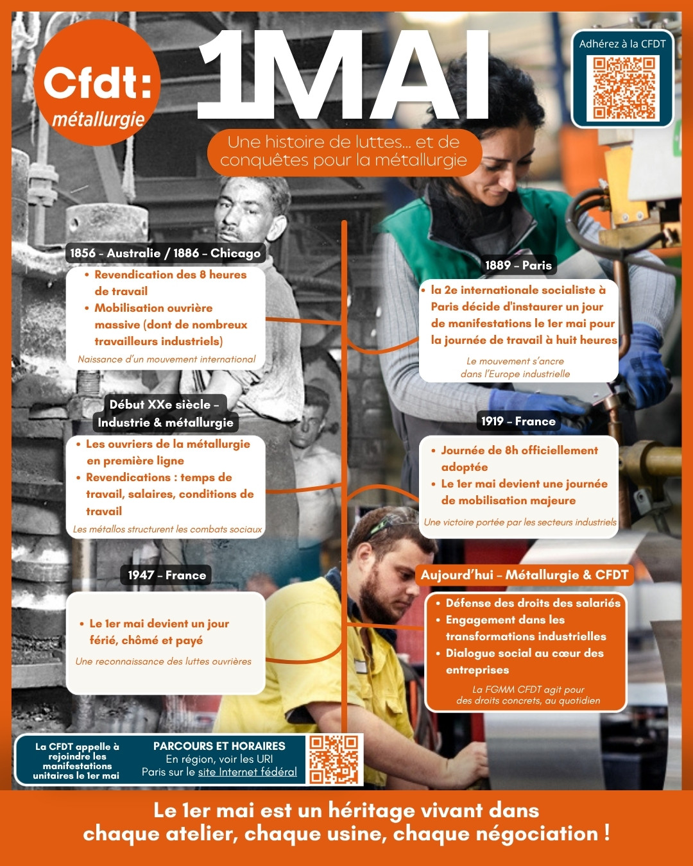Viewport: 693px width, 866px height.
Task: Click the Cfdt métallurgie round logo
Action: coord(97,83)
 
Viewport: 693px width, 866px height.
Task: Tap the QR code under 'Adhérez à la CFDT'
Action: coord(622,88)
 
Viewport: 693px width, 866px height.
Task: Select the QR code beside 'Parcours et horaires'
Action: coord(334,760)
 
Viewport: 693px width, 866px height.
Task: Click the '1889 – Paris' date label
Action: coord(518,265)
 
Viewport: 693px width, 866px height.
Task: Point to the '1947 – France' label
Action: coord(166,575)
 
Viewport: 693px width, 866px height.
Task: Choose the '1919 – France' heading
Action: coord(518,421)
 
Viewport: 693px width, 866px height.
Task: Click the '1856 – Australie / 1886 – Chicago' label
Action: coord(166,253)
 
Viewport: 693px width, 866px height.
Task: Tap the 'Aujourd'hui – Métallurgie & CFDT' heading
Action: coord(524,575)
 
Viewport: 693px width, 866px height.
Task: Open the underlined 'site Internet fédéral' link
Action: coord(247,772)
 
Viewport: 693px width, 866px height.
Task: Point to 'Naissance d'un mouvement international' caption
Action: coord(167,359)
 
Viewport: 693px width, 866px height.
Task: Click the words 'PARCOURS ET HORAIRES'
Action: coord(219,745)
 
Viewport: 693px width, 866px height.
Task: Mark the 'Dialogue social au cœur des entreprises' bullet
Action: coord(524,661)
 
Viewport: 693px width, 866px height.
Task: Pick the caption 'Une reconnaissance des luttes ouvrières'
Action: coord(164,661)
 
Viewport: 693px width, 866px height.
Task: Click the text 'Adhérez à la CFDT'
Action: coord(622,44)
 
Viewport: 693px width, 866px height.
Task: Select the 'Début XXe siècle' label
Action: coord(164,404)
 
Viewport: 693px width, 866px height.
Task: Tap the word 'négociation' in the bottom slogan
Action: coord(537,833)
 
